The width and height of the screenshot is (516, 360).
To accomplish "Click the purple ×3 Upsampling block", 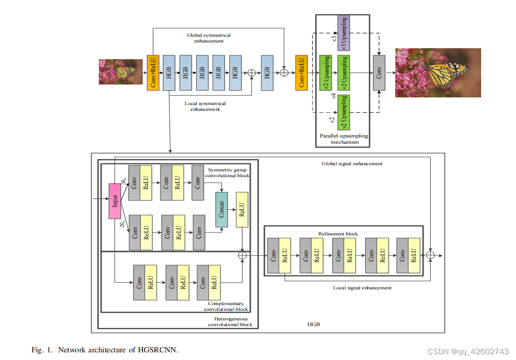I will click(344, 33).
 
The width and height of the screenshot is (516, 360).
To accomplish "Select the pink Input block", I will click(115, 201).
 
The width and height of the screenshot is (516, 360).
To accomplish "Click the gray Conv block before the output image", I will click(379, 73).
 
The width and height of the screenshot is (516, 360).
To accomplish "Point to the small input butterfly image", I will click(120, 72).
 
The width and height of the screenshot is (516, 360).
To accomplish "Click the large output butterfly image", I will click(438, 73).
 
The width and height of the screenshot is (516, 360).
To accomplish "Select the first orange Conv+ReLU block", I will click(153, 73).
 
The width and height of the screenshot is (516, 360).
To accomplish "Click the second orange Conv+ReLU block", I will click(301, 73).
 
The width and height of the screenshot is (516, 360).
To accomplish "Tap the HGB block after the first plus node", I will click(267, 73).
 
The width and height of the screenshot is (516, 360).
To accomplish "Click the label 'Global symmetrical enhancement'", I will click(209, 38).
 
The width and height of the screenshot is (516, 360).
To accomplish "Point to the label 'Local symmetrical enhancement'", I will click(205, 106).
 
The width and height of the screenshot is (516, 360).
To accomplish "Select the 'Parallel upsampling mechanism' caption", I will click(344, 139).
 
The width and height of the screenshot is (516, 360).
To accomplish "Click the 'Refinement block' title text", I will click(338, 234).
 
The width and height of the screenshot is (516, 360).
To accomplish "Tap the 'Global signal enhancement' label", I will click(352, 164).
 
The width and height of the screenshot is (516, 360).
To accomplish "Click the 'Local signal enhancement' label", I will click(362, 288).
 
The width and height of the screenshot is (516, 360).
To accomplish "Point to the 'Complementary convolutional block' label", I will click(226, 307).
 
